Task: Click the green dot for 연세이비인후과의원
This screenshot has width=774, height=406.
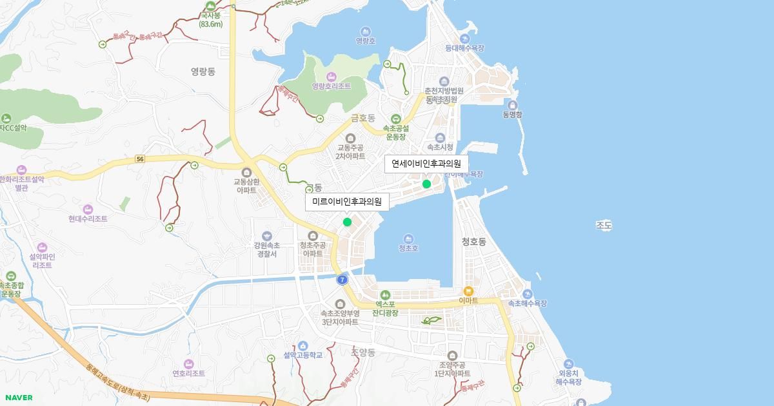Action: click(x=426, y=184)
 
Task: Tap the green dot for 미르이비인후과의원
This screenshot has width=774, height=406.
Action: click(x=347, y=222)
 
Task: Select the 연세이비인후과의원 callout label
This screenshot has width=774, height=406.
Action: click(x=426, y=164)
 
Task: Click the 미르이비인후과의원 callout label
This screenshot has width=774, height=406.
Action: click(x=347, y=202)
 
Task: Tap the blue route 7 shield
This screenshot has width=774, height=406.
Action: click(x=342, y=280)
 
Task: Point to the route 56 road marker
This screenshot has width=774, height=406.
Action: click(x=140, y=159)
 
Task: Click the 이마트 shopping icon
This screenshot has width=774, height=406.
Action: click(x=468, y=291)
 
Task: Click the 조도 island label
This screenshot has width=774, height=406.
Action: click(x=604, y=226)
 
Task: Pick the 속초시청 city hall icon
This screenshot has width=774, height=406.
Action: click(x=441, y=137)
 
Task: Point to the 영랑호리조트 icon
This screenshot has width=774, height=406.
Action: click(x=332, y=77)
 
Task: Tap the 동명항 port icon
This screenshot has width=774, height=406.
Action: click(x=512, y=105)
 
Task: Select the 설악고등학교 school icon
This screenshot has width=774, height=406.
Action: click(x=303, y=346)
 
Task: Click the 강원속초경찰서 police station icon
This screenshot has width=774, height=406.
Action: click(x=267, y=235)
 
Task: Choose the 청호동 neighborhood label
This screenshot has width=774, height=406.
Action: click(x=473, y=242)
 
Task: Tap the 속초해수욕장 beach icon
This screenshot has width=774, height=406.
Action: click(x=528, y=294)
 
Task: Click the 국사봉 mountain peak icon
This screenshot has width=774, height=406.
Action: click(x=210, y=5)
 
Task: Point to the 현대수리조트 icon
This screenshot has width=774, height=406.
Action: click(x=88, y=209)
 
